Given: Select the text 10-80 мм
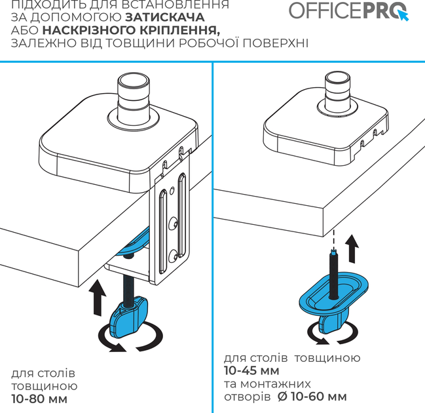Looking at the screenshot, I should [x=39, y=398].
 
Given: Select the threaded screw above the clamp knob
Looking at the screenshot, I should [x=128, y=286].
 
